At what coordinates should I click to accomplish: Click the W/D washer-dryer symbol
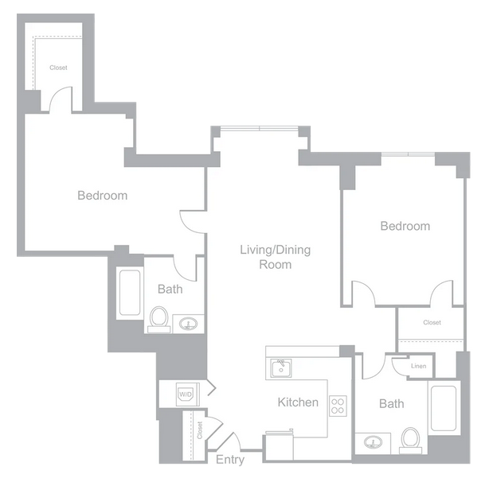186,394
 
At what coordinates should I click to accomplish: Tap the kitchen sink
281,367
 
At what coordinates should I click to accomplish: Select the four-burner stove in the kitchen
338,406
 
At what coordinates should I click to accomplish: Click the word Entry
230,460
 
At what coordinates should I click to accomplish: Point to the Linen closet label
418,366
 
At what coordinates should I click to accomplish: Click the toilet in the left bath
159,319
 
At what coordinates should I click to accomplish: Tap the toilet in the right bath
411,440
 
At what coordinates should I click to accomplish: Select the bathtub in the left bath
130,293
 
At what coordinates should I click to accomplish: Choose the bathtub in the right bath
444,408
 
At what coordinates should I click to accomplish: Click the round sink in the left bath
188,324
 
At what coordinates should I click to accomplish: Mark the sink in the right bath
374,442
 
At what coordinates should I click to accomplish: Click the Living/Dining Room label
275,257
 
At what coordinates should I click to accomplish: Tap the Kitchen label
298,402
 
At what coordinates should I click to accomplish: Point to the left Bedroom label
103,196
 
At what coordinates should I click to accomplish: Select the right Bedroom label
405,226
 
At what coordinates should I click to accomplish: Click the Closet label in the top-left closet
58,68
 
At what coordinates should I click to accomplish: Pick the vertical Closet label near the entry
200,430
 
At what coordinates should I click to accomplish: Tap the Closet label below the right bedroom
432,322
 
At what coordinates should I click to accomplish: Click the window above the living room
260,128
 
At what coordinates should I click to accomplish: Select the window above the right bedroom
408,154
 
